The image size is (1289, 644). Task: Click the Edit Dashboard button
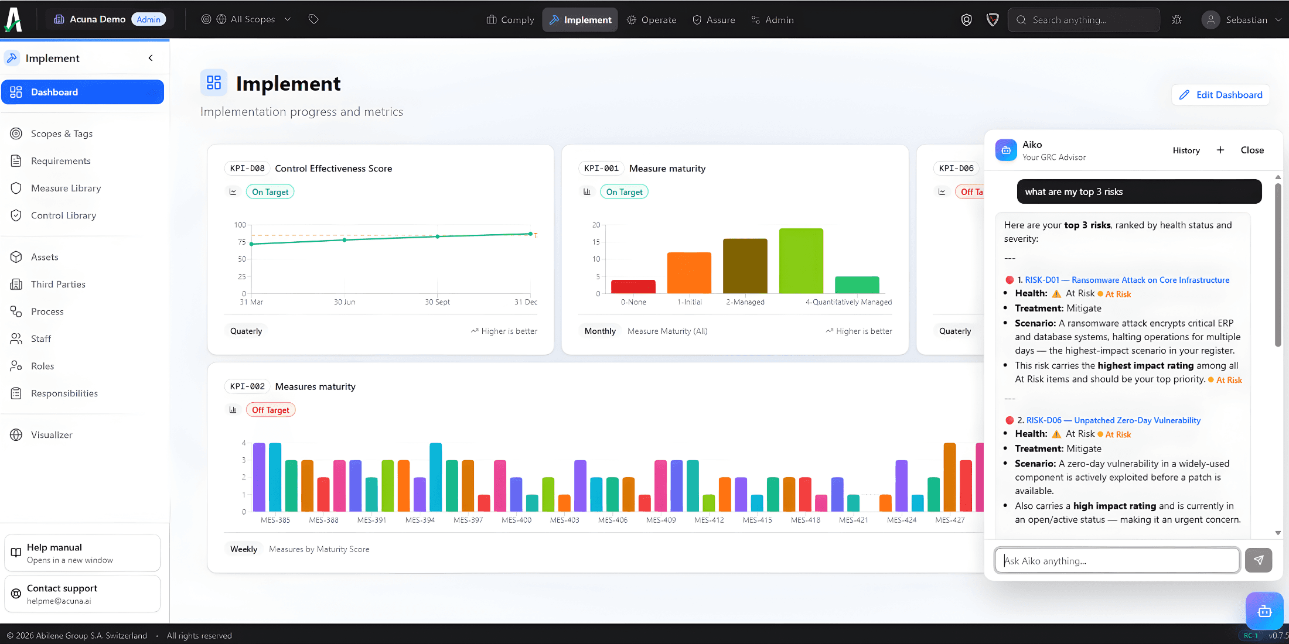(1220, 95)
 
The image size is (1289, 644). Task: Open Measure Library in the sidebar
(66, 188)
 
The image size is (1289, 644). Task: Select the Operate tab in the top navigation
(652, 20)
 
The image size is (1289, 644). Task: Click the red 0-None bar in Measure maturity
(633, 286)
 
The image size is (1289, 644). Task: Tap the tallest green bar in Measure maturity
(800, 261)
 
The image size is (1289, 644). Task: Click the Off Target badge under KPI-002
(270, 410)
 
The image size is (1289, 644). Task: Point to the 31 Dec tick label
(526, 302)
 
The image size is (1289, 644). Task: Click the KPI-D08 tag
(247, 169)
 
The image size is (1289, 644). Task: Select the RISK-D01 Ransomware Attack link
(1127, 280)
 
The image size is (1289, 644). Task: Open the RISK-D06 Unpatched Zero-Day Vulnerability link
(1113, 420)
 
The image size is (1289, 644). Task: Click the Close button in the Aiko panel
(1252, 150)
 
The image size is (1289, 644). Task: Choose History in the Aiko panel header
(1186, 150)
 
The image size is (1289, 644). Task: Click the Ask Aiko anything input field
(1117, 561)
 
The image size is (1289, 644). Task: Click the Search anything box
(1084, 20)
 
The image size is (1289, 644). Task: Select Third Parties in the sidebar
(58, 285)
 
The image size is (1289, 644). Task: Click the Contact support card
(82, 594)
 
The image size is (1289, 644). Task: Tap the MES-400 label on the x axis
(516, 520)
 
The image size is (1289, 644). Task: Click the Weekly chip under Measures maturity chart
(243, 549)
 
